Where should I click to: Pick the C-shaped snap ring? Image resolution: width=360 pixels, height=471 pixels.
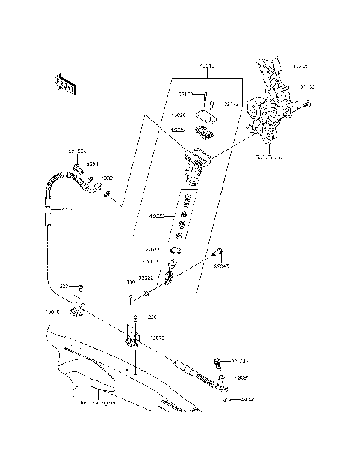[177, 250]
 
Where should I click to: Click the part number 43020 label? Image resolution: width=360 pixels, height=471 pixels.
[157, 217]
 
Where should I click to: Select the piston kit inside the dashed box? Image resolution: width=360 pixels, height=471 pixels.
[181, 217]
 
